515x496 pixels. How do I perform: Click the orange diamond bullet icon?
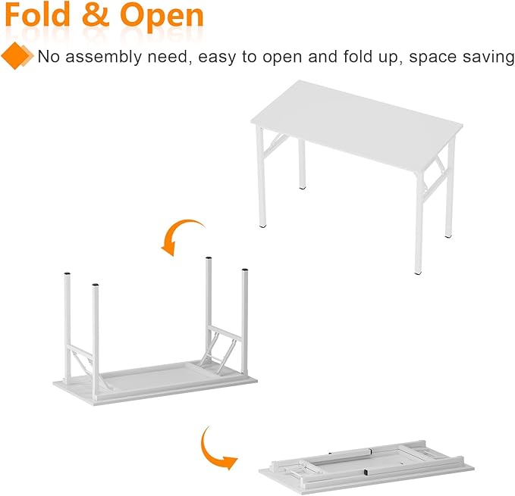pos(16,55)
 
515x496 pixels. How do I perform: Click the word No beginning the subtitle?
pos(48,57)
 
